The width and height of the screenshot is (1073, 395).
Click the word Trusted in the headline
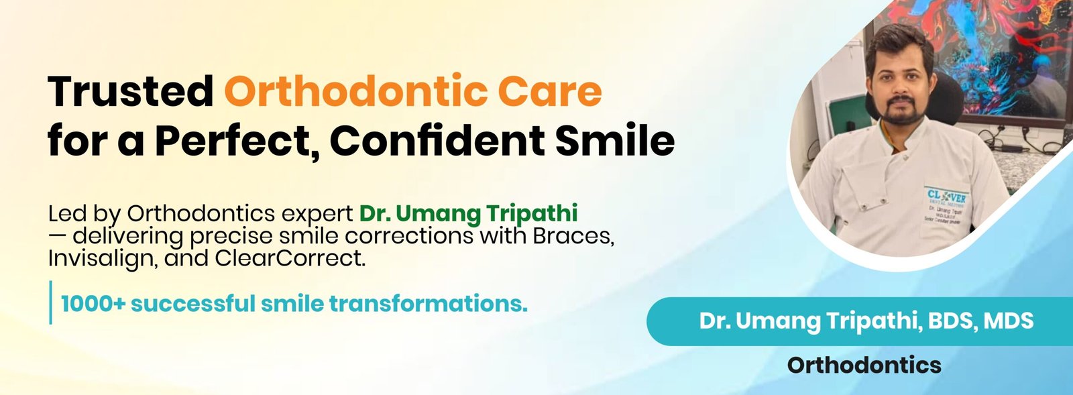click(130, 91)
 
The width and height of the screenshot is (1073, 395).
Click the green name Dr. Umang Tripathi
click(469, 214)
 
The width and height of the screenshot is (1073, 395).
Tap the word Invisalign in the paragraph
click(101, 259)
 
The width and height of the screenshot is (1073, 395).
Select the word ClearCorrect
click(290, 259)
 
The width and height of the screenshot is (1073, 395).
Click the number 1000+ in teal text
click(93, 304)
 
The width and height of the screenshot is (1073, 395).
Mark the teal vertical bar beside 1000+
click(50, 302)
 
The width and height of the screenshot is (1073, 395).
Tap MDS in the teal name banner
click(1009, 321)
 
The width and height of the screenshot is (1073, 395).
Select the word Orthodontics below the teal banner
click(864, 365)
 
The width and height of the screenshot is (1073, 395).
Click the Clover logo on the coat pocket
click(946, 197)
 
